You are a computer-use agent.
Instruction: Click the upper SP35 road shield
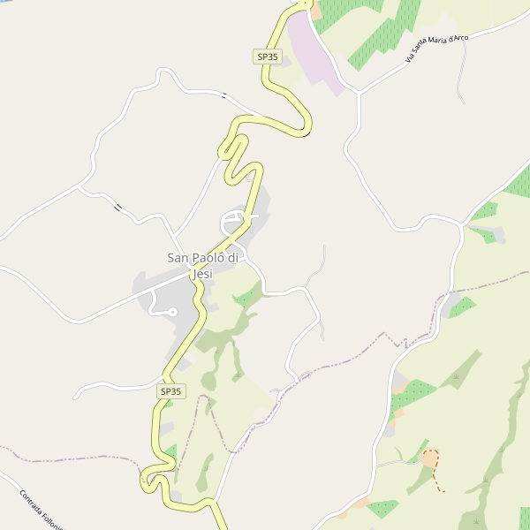tap(267, 57)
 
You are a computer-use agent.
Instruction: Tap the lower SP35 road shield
tap(171, 390)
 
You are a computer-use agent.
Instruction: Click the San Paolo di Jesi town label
tap(203, 265)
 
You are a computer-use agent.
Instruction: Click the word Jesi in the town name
tap(202, 273)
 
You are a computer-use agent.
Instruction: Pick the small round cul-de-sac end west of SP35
tap(172, 312)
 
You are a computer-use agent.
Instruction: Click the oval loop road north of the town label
tap(235, 220)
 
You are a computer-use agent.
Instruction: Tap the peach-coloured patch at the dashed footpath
tap(430, 459)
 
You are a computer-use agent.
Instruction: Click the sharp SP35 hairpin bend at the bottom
tap(145, 481)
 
